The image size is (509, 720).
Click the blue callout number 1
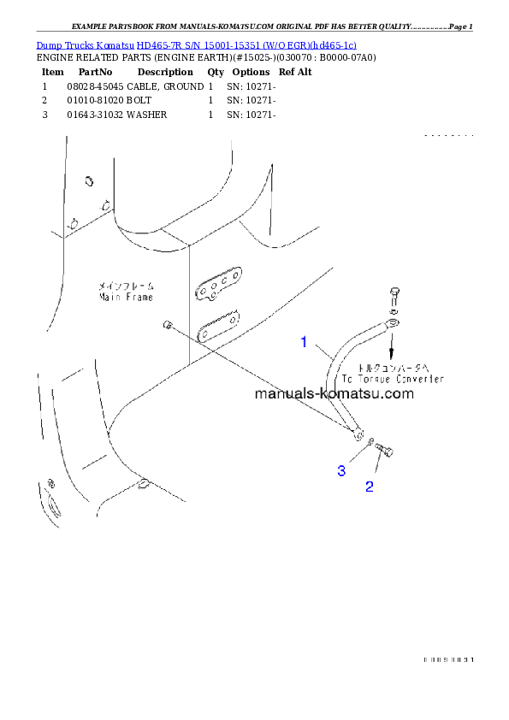click(303, 343)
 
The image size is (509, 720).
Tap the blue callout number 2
click(369, 487)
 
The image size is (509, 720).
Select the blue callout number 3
click(341, 471)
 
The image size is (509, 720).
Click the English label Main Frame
click(126, 298)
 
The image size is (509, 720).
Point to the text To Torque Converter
click(393, 378)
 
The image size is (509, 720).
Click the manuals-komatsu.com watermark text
click(334, 394)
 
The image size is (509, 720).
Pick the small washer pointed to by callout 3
click(370, 441)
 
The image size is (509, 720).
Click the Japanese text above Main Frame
click(126, 286)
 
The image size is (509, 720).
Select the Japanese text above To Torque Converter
click(392, 366)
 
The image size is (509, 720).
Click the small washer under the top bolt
click(392, 311)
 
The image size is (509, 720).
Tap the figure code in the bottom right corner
click(447, 659)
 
